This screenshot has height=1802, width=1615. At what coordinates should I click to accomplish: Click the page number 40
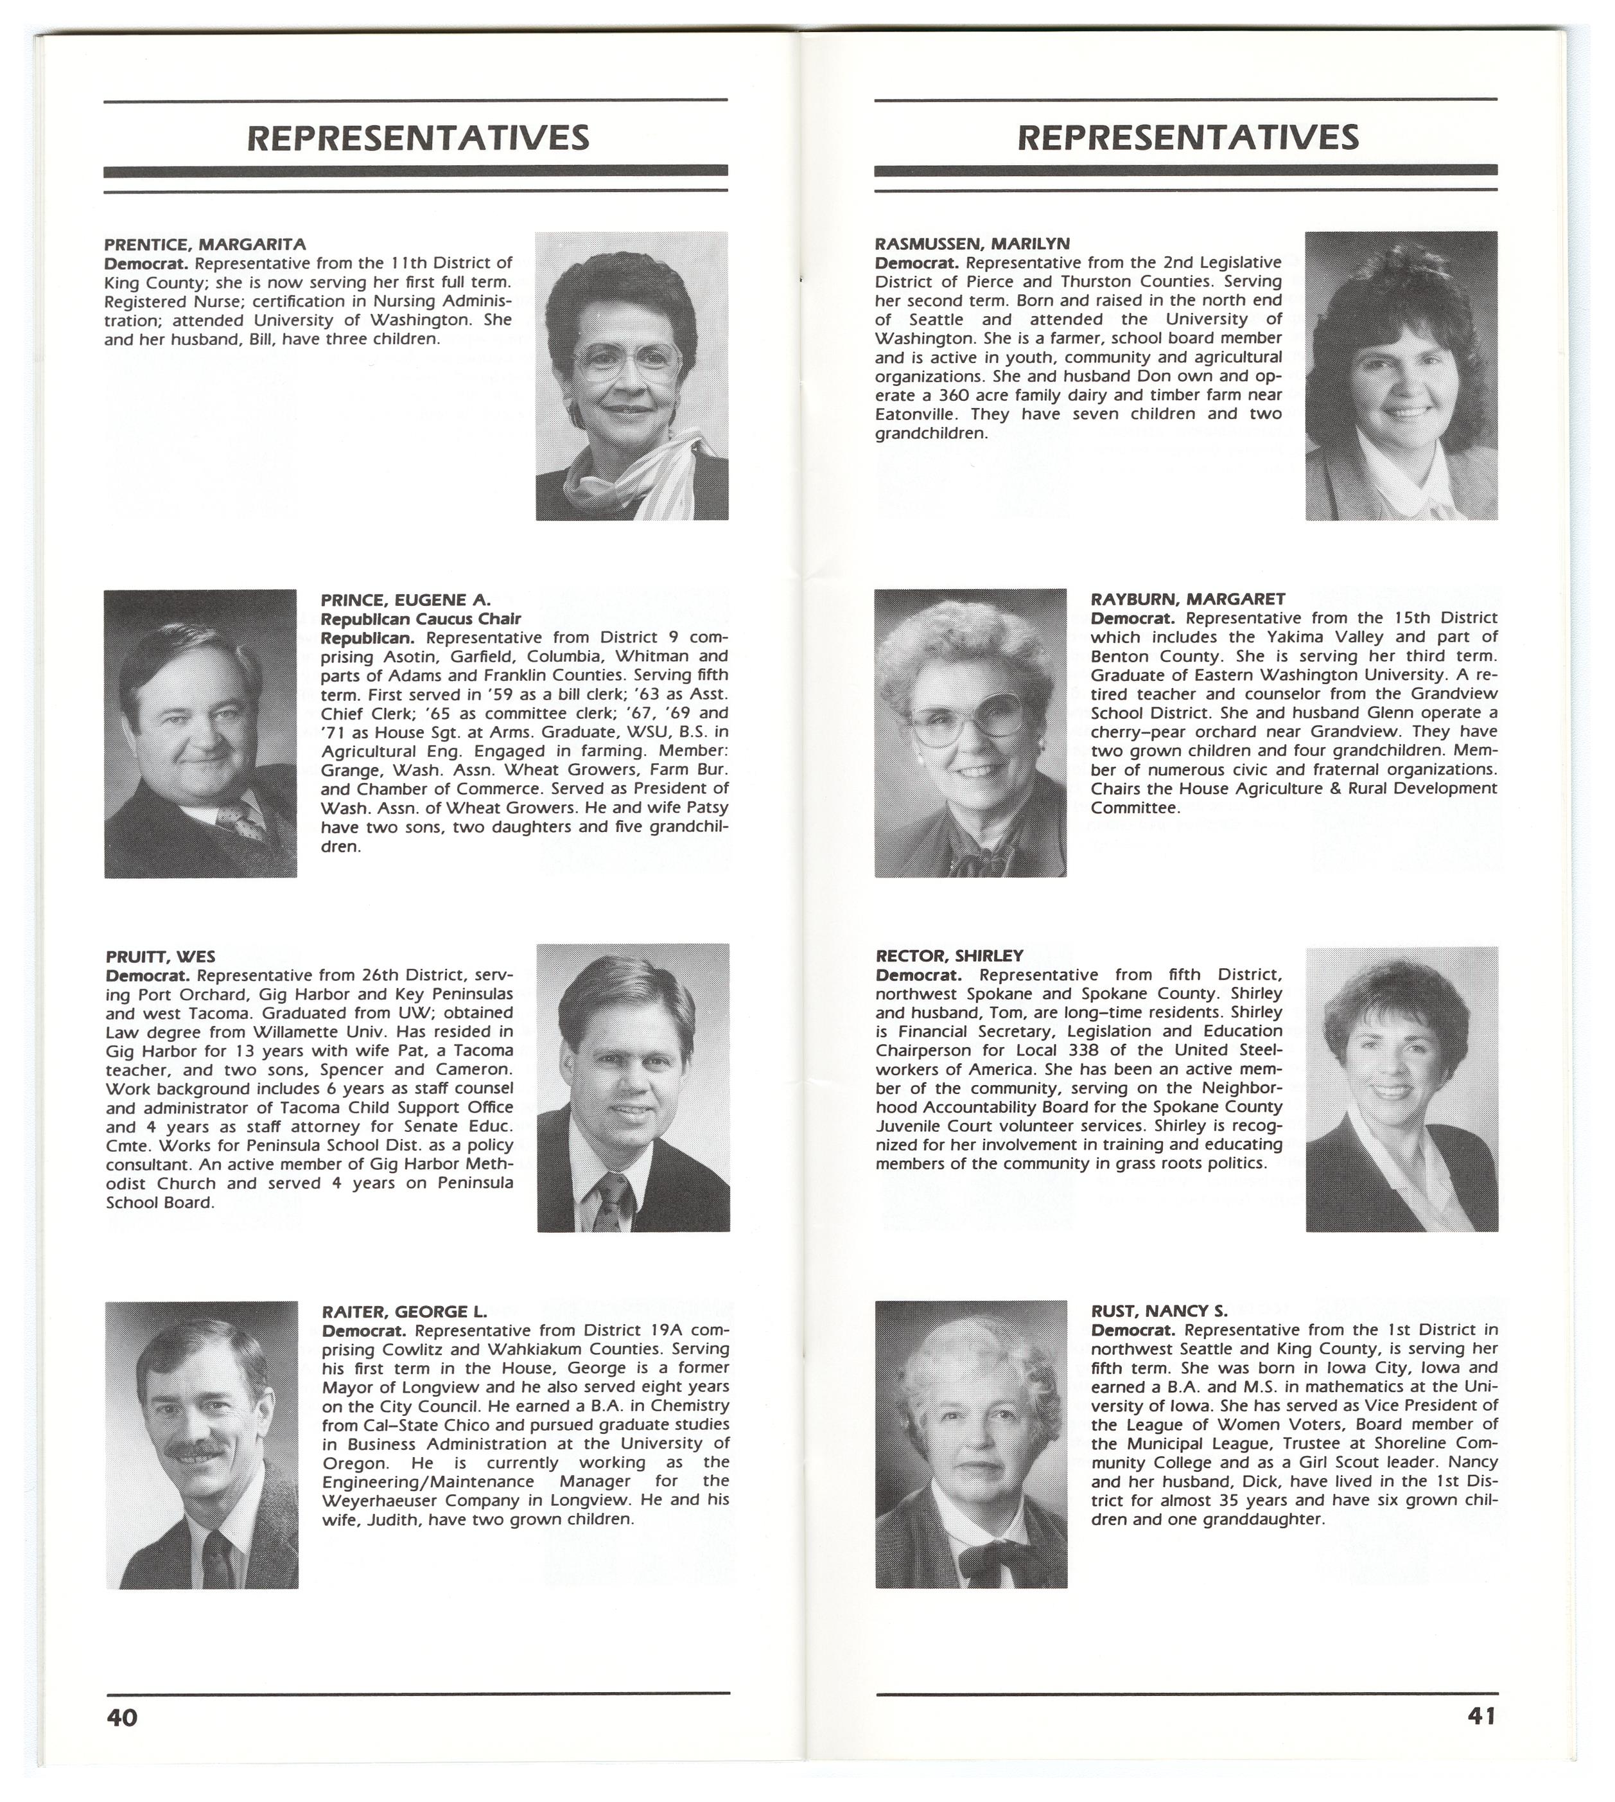[123, 1717]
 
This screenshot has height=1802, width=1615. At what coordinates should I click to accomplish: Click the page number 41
[1481, 1716]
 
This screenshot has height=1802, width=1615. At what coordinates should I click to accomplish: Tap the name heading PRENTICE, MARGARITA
[205, 244]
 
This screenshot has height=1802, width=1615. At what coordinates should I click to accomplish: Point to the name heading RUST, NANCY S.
[1160, 1310]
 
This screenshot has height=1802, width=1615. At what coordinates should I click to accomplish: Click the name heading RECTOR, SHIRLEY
[950, 956]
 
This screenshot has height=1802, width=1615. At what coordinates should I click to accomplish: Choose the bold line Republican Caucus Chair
[421, 619]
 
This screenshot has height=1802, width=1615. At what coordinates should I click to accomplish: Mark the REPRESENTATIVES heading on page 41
[1187, 137]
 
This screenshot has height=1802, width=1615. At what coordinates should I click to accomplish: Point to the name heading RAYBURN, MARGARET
[1187, 599]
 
